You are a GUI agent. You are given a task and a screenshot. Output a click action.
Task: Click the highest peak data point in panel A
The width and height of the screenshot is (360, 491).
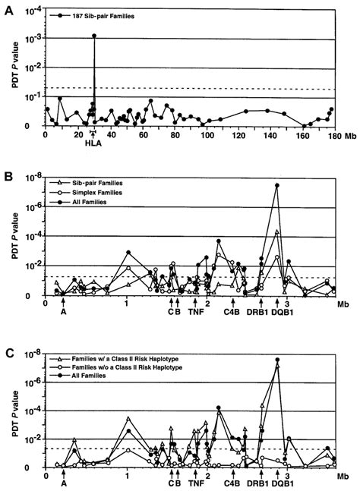tap(94, 36)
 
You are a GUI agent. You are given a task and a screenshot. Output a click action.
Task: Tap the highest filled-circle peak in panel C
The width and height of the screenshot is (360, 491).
tap(278, 360)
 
